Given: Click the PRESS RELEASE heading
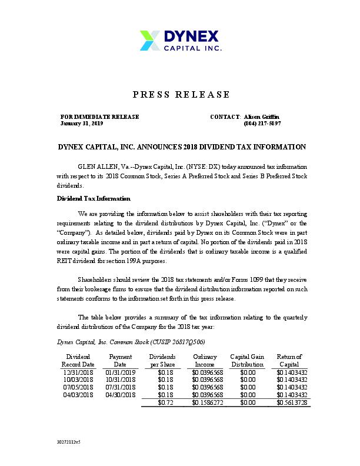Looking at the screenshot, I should click(181, 95).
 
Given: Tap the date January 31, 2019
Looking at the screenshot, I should click(82, 124).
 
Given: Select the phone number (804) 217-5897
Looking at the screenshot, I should click(262, 124).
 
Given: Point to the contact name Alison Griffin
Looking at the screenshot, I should click(262, 116).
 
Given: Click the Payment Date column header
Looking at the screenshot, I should click(120, 361).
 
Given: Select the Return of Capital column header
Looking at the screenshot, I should click(289, 361).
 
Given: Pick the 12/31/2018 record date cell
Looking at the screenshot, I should click(78, 372).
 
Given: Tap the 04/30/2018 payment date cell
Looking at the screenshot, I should click(120, 395).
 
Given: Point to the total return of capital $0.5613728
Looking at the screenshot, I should click(292, 402).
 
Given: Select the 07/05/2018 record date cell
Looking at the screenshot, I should click(78, 387).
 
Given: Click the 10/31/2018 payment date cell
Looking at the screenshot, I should click(120, 380).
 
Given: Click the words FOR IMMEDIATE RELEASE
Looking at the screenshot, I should click(100, 116).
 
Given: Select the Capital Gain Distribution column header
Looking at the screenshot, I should click(247, 361).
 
